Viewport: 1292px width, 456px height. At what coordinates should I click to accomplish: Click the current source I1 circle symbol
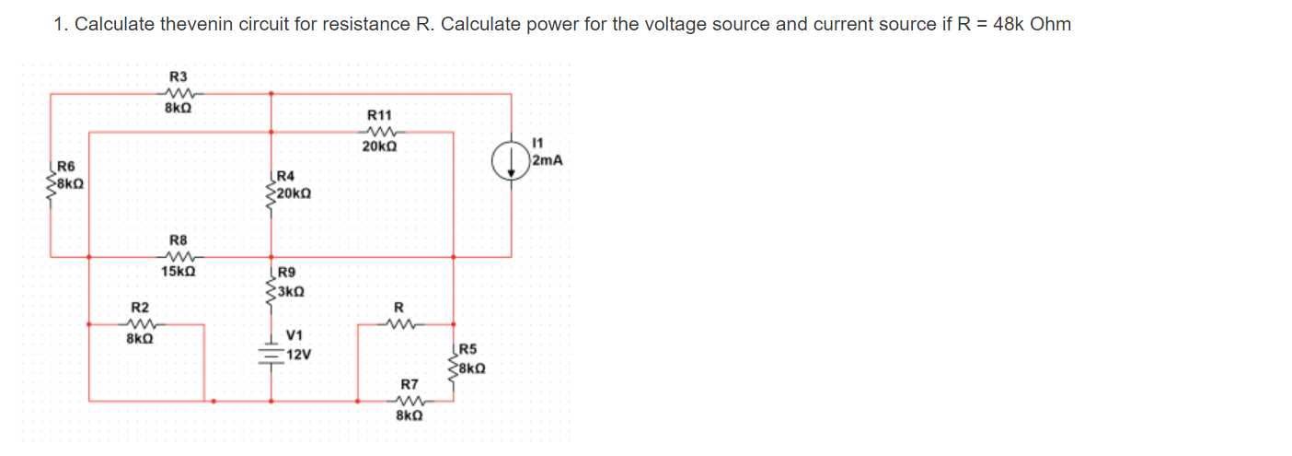point(512,163)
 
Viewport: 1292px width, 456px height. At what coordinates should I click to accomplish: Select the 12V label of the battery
point(299,355)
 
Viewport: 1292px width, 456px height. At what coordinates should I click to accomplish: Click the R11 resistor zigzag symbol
point(379,131)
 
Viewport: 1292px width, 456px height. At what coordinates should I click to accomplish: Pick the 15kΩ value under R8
point(178,272)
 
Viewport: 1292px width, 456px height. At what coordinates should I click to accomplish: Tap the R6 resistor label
point(67,167)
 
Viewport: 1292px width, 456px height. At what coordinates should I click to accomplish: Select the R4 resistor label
point(285,176)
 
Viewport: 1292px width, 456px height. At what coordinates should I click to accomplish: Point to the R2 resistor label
point(139,307)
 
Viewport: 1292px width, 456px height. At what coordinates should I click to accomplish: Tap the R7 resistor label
point(409,383)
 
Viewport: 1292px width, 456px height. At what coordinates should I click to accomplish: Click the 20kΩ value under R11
point(379,146)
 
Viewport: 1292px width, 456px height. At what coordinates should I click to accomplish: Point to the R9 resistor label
point(286,273)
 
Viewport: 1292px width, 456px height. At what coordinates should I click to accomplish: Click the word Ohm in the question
point(1051,24)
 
